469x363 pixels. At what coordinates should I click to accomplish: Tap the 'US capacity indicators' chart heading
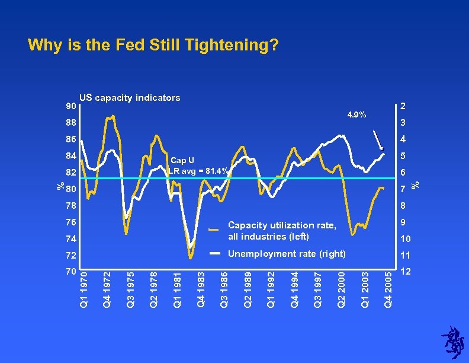click(130, 98)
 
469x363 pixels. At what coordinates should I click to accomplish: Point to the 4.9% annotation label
click(356, 114)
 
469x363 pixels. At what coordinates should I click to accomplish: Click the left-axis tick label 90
click(70, 107)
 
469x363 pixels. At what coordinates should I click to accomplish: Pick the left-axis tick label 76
click(70, 222)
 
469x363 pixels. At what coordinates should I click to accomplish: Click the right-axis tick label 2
click(403, 106)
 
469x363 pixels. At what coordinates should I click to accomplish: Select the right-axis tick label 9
click(403, 222)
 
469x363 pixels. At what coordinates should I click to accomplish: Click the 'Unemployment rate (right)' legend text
click(287, 254)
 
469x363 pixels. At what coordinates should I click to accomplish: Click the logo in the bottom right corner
click(453, 342)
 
